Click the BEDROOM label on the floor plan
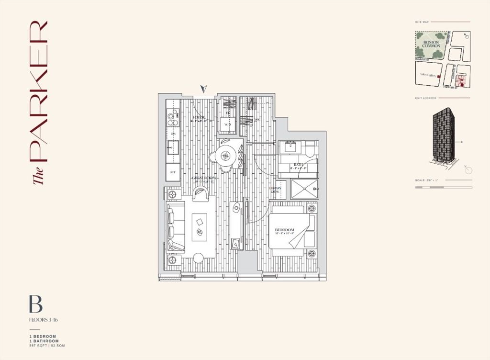pos(284,230)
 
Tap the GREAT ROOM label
pos(204,178)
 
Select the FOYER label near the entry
pos(199,118)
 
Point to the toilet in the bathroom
pos(310,150)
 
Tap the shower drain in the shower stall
pos(315,190)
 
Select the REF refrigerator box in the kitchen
pos(173,172)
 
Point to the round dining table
pos(225,155)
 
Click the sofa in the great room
pos(175,226)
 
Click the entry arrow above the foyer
pos(204,89)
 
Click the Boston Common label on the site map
pos(431,44)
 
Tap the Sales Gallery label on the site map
pos(427,75)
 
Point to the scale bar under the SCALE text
pos(443,187)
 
